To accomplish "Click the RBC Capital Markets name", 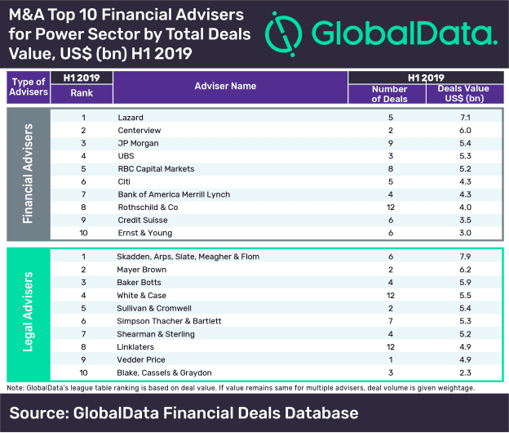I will [x=156, y=169].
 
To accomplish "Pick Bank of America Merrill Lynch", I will [x=174, y=195].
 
